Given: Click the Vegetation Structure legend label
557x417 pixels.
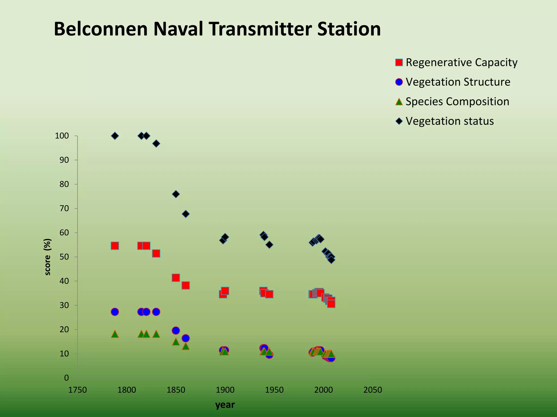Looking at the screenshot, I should coord(458,82).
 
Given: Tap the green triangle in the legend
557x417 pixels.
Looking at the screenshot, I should coord(399,102).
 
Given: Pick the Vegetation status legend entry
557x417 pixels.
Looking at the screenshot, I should coord(450,121).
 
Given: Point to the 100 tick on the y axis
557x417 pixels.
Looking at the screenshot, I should coord(62,136).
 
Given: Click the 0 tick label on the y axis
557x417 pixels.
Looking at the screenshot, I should coord(66,378).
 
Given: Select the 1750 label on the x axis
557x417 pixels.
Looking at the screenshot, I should coord(78,390).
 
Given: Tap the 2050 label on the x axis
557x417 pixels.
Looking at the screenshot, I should coord(373,390).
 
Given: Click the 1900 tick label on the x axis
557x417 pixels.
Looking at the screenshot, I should coord(225,390).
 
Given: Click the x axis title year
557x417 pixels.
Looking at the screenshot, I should coord(225,405).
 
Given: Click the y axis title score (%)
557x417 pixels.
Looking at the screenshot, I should coord(48,257).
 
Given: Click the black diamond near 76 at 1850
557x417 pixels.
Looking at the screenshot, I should coord(176,194).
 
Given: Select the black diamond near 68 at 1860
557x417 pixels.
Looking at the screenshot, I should coord(185,214).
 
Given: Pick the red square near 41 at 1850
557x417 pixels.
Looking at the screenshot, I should coord(176,278).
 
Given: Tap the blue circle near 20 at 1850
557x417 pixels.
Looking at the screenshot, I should coord(176,331).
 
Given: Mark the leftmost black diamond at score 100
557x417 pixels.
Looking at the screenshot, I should coord(115,136).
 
